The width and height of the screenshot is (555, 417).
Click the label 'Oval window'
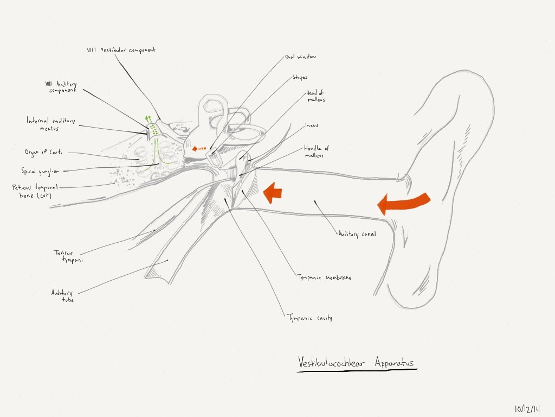pos(300,56)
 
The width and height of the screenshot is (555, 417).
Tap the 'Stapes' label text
pos(300,77)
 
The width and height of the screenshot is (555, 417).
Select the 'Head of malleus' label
pos(315,96)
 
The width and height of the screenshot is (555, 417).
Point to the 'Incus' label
pos(312,125)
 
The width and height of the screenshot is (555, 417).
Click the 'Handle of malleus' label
pos(316,152)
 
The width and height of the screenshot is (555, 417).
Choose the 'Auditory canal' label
pos(357,234)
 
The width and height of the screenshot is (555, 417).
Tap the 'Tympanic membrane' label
pos(325,277)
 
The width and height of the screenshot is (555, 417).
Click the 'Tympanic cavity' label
pos(309,318)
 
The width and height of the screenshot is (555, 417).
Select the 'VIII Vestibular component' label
pos(121,50)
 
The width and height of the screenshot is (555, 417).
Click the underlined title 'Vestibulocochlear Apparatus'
pos(357,362)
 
